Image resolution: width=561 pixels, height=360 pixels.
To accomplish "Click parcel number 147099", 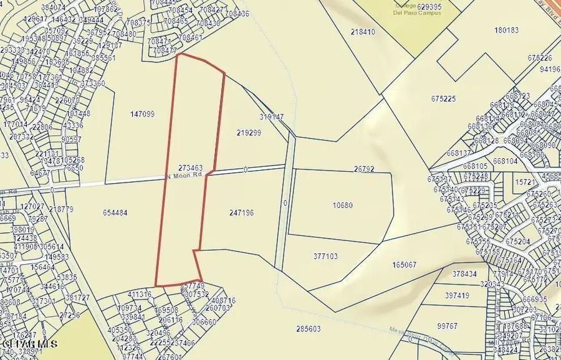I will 143,114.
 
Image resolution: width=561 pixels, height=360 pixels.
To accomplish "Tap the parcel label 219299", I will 249,133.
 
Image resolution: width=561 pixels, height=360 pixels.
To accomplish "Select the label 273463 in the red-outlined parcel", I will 190,168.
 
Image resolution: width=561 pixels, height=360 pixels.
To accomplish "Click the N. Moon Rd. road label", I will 185,176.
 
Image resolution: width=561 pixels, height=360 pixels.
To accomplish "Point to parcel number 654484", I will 115,212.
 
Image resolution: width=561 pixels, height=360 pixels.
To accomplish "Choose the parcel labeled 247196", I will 241,212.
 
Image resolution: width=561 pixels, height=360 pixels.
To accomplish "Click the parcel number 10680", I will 343,206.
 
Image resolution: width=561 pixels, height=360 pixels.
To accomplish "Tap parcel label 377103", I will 325,256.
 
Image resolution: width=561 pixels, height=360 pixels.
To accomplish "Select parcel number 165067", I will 405,265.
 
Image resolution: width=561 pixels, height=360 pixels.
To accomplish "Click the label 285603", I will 308,329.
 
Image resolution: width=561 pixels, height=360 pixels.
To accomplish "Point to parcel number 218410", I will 363,31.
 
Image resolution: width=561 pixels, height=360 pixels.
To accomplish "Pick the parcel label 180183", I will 506,30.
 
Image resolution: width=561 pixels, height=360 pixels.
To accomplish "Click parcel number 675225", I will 443,98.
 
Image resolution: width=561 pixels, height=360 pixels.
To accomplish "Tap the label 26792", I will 363,169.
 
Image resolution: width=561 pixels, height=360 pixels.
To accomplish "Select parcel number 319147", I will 271,116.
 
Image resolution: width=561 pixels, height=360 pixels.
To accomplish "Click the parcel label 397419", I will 457,295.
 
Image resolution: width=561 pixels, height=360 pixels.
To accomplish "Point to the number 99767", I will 447,326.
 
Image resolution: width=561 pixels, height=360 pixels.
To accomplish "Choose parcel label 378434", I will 464,273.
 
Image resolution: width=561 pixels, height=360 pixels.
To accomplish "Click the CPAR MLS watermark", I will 30,343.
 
